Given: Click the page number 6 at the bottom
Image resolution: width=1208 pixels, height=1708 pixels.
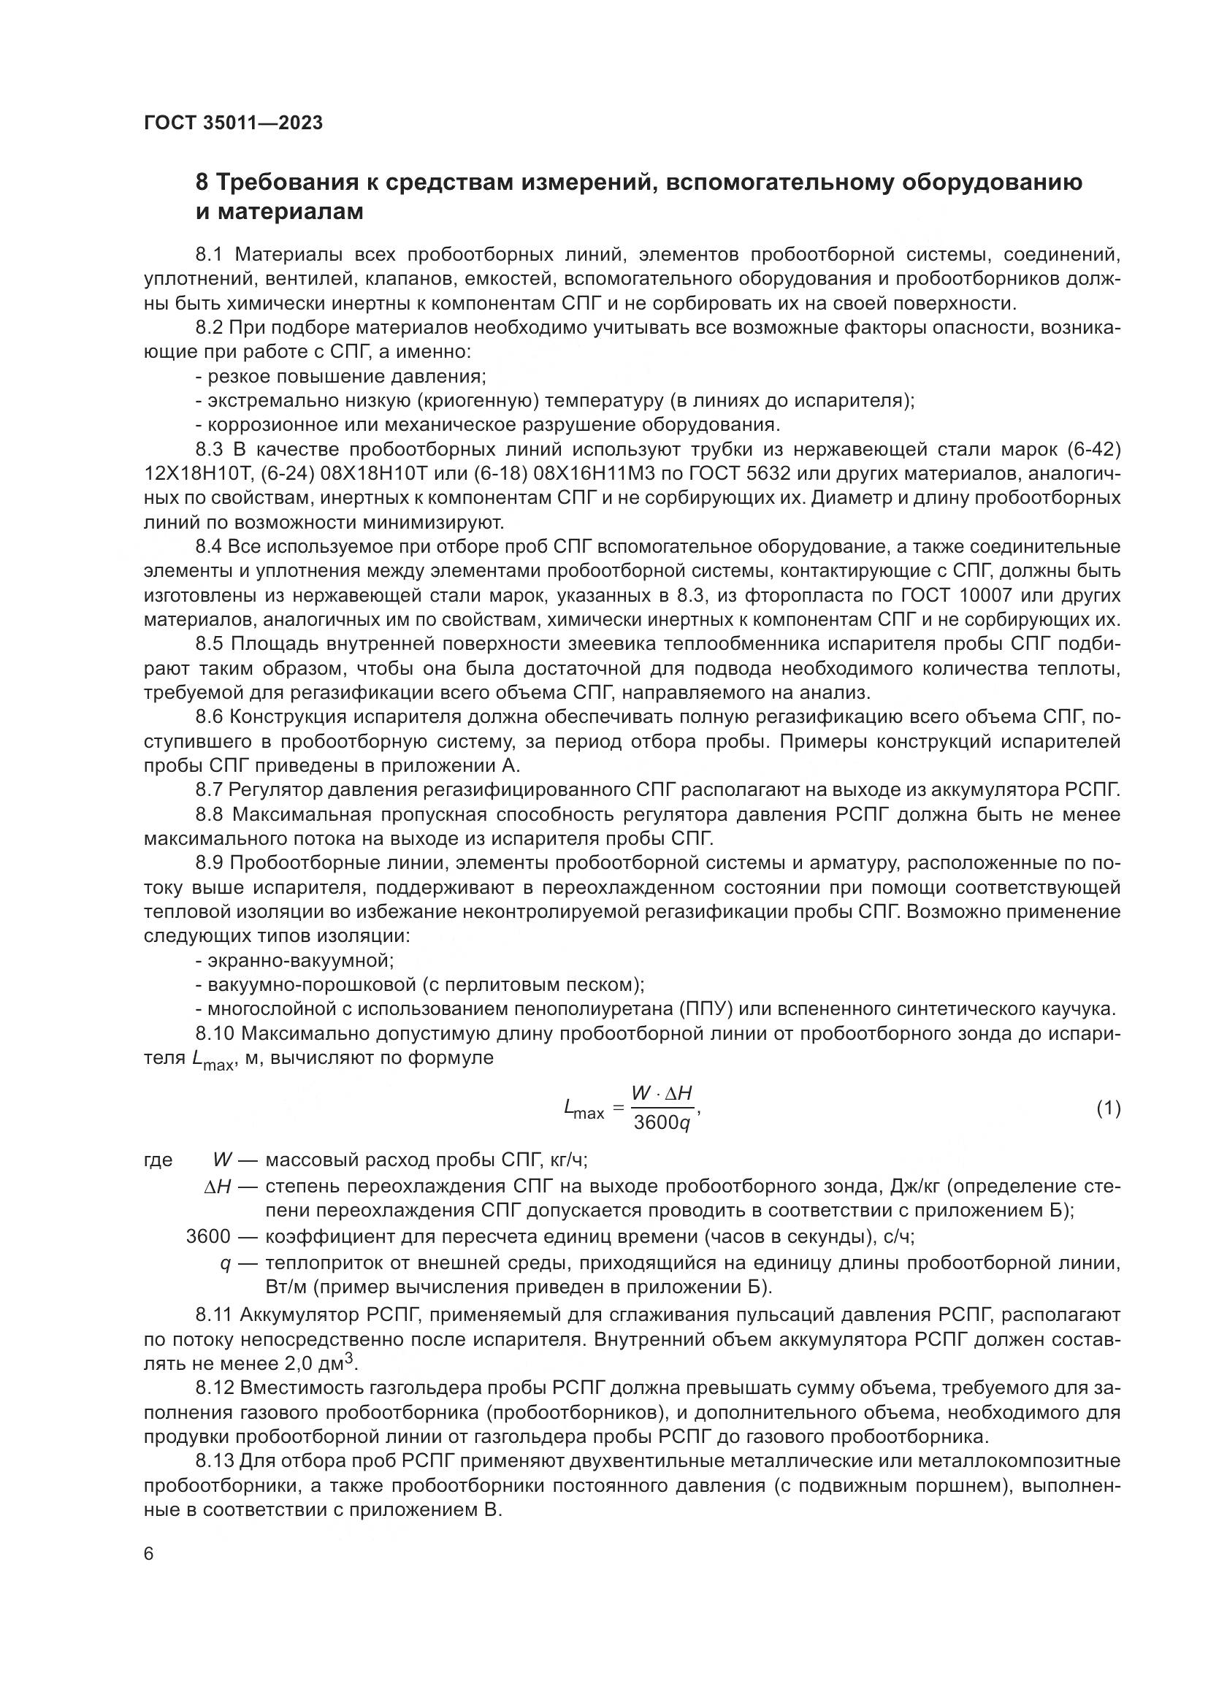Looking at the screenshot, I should [x=149, y=1554].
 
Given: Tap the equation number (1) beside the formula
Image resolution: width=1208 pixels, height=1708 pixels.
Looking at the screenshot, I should [x=1108, y=1108].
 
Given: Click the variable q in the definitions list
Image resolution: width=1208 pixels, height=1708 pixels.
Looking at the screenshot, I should [x=225, y=1263].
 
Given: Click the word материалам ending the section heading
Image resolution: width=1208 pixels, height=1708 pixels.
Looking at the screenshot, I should [x=280, y=212].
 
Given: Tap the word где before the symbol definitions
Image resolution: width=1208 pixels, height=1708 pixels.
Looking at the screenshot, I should [x=158, y=1160].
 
